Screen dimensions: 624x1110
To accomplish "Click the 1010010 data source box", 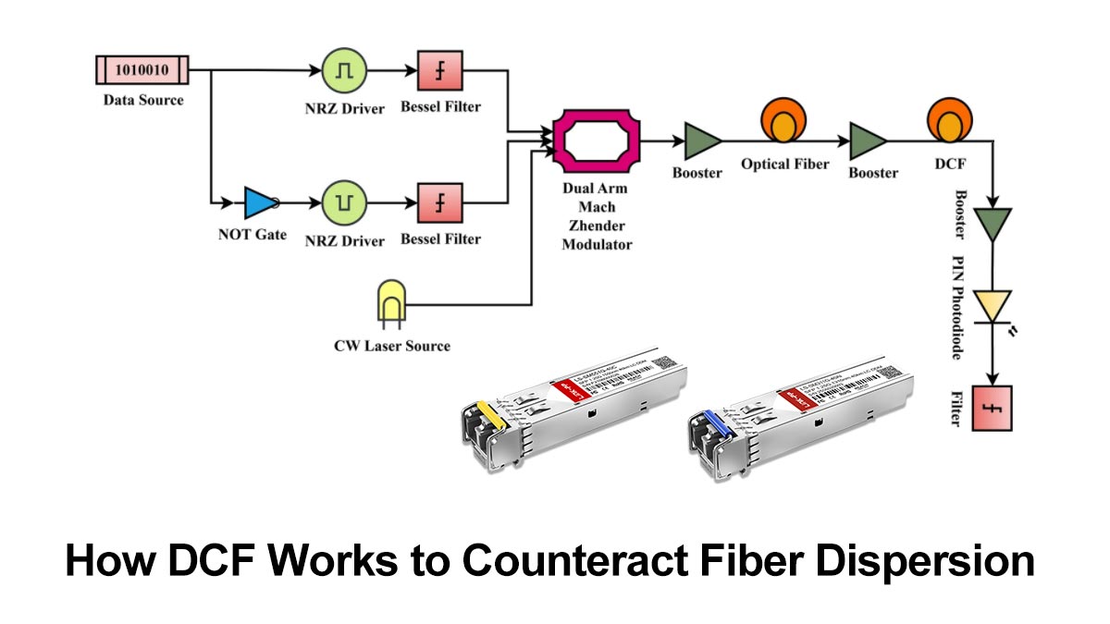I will point(142,70).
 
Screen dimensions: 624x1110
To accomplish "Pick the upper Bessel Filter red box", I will point(440,70).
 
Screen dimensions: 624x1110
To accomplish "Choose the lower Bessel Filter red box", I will point(440,202).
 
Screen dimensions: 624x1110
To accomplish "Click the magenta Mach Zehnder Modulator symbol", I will point(596,141).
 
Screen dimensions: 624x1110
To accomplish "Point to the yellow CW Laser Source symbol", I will point(390,302).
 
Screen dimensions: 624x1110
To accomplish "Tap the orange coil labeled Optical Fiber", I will point(782,125).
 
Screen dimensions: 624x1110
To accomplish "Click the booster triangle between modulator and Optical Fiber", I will point(702,141).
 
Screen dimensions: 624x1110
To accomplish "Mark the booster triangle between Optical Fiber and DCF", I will point(867,141).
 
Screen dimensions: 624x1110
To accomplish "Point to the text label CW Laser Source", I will point(391,346).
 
